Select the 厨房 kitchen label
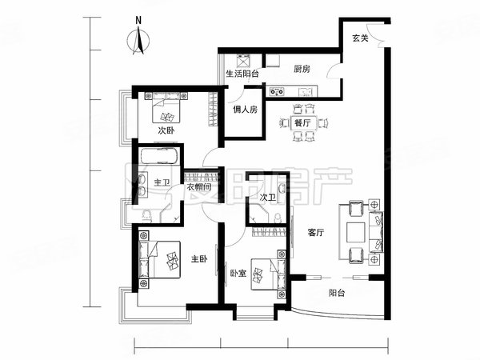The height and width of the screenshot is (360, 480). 302,70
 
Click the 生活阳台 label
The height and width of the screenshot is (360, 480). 242,74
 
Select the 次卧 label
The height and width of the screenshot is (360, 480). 166,130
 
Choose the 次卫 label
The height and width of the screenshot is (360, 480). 267,197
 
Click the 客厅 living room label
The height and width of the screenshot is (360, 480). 316,234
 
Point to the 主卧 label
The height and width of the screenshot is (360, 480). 198,258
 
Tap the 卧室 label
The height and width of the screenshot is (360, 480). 238,274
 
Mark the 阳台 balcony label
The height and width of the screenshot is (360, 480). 336,294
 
